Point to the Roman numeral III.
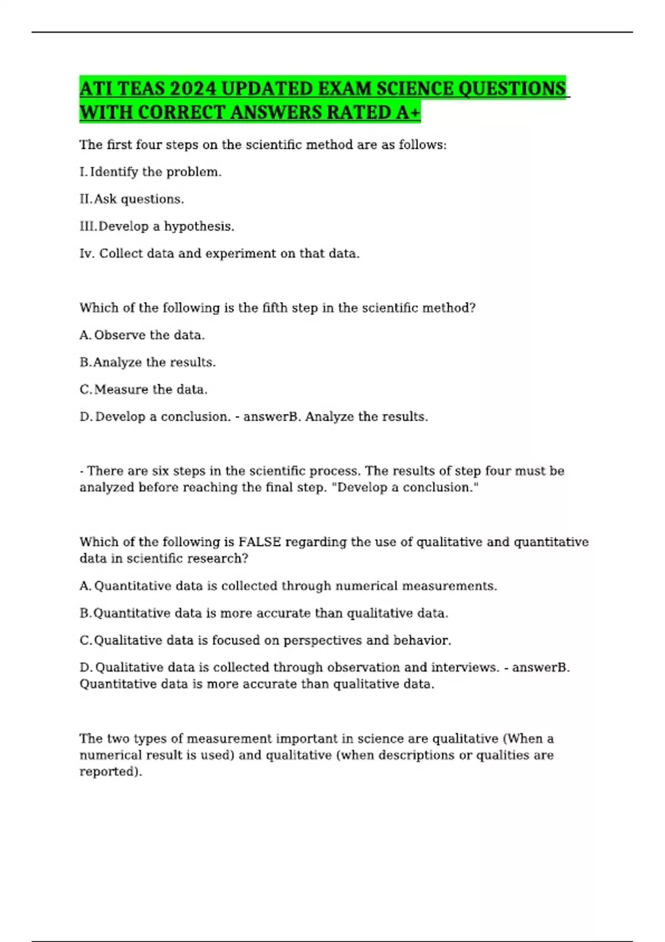click(x=88, y=226)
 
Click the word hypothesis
click(x=199, y=226)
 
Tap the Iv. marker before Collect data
click(x=87, y=253)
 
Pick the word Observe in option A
click(x=120, y=335)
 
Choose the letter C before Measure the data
click(x=85, y=389)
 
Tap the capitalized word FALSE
click(x=259, y=541)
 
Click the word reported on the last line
click(x=110, y=771)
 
